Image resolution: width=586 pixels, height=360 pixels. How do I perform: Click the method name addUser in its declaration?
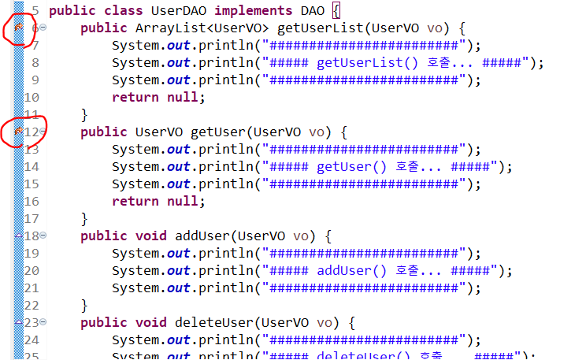[202, 236]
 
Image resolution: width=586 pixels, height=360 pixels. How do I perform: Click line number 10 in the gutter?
[32, 98]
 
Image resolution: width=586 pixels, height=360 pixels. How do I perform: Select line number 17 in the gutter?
[32, 219]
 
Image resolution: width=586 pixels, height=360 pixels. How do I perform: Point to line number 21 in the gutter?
[32, 288]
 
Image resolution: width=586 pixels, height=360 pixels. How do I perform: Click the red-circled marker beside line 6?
[18, 29]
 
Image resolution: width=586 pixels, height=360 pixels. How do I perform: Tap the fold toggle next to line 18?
[43, 236]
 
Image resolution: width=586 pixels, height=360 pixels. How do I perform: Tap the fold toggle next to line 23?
[43, 322]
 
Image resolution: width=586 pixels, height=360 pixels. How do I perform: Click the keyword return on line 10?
[135, 98]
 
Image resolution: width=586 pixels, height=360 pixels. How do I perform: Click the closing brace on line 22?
[84, 306]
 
